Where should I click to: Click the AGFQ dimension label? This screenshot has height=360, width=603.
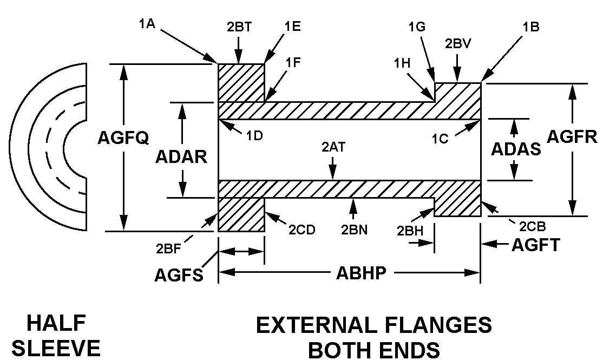click(123, 139)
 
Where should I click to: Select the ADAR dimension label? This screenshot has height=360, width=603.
click(181, 157)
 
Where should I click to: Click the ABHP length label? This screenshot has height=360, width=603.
click(361, 272)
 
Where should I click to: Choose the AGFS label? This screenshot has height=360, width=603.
click(178, 276)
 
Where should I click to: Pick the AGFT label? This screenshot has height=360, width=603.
click(536, 246)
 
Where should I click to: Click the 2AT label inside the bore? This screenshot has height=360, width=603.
click(333, 147)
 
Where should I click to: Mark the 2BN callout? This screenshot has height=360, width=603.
click(354, 229)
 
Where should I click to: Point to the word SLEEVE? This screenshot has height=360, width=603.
click(56, 348)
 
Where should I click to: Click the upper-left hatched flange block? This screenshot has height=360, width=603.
click(241, 82)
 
